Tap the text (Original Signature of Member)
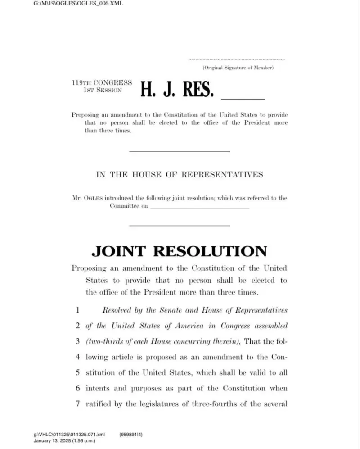coord(238,68)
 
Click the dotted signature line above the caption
coord(237,59)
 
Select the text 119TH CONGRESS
coord(102,83)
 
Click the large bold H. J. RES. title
coord(177,89)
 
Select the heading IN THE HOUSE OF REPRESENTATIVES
coord(180,175)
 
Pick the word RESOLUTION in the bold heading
coord(210,251)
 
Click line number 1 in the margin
coord(77,310)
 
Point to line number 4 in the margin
coord(77,357)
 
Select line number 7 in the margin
coord(77,404)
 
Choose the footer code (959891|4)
coord(131,435)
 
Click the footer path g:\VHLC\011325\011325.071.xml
coord(69,435)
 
